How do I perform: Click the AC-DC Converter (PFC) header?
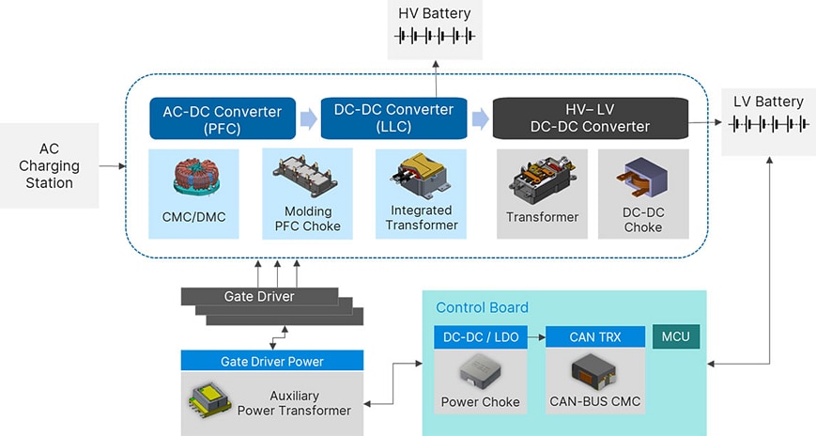coord(223,118)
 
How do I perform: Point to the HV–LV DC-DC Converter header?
coord(590,118)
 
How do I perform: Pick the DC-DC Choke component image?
coord(643,180)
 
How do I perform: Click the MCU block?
coord(676,336)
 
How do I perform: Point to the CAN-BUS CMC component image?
coord(594,370)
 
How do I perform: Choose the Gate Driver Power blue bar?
coord(271,361)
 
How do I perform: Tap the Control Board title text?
coord(482,307)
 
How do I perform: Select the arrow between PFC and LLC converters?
coord(308,118)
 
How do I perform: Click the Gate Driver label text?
coord(258,297)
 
